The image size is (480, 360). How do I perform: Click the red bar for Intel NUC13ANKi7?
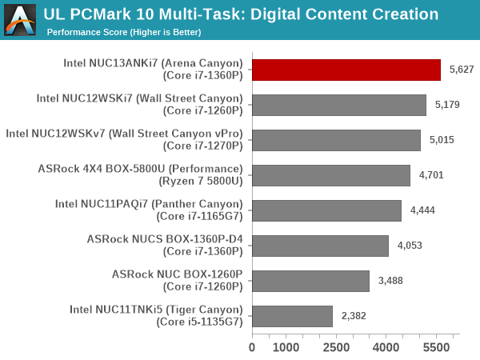[x=346, y=70]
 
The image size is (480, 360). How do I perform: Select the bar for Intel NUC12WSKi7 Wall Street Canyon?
[x=339, y=105]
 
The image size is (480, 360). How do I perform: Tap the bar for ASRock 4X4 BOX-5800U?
[x=331, y=175]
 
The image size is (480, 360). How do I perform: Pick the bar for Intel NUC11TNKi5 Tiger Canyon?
[x=292, y=316]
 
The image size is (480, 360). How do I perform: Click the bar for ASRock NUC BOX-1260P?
[x=310, y=281]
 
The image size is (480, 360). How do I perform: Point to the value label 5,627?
[x=462, y=70]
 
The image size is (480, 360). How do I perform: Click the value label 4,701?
[x=431, y=175]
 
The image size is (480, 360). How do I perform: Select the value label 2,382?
[x=353, y=316]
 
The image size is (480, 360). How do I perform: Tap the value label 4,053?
[x=409, y=246]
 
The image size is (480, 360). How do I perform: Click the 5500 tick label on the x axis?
[x=437, y=347]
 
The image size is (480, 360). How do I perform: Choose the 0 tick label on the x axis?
[x=253, y=347]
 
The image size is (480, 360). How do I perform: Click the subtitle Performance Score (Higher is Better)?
[x=124, y=32]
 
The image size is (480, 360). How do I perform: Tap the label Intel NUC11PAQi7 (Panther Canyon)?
[x=148, y=204]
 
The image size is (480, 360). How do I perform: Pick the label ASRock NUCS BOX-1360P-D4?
[x=164, y=239]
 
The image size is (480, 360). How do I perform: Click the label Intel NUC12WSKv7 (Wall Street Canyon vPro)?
[x=124, y=134]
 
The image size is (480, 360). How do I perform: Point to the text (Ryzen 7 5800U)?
[x=202, y=181]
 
